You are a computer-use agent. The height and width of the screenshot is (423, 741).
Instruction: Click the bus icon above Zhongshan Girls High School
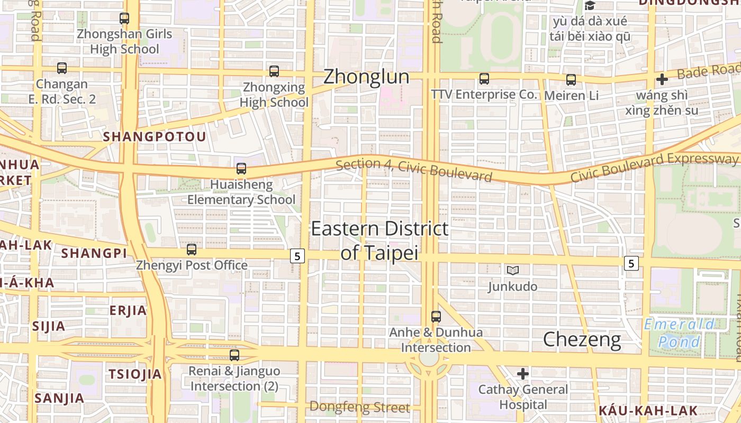point(124,19)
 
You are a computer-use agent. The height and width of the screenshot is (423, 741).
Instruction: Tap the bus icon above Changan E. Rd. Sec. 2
point(62,68)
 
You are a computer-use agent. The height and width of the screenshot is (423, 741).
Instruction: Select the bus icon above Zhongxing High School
point(274,71)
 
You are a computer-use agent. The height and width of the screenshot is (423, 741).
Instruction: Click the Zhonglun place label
point(366,77)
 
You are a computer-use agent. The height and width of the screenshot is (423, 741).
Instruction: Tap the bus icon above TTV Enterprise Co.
point(484,79)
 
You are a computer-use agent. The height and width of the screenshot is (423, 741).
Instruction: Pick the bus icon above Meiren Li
point(571,80)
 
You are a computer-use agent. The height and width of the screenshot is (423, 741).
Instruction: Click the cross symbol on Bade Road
point(662,79)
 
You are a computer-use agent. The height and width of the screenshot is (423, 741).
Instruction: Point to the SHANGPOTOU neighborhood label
point(155,137)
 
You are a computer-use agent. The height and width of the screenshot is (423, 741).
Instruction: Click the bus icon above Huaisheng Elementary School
point(241,169)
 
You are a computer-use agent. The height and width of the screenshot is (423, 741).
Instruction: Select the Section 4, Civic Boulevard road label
point(414,170)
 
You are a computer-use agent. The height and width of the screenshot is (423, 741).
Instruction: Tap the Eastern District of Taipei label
point(379,241)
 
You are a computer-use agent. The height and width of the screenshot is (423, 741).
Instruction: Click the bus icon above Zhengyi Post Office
point(192,250)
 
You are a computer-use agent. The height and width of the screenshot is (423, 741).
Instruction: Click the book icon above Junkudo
point(512,271)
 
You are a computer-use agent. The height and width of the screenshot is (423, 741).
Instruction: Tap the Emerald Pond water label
point(679,333)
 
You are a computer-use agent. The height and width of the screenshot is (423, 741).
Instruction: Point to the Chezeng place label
point(582,339)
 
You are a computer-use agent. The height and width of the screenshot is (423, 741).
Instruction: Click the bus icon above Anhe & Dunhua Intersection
point(436,317)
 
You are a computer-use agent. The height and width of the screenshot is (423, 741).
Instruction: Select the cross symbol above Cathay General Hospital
point(523,374)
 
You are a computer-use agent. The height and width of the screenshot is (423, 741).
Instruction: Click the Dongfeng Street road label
point(359,407)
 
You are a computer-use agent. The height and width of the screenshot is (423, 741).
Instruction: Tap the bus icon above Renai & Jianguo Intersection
point(234,355)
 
